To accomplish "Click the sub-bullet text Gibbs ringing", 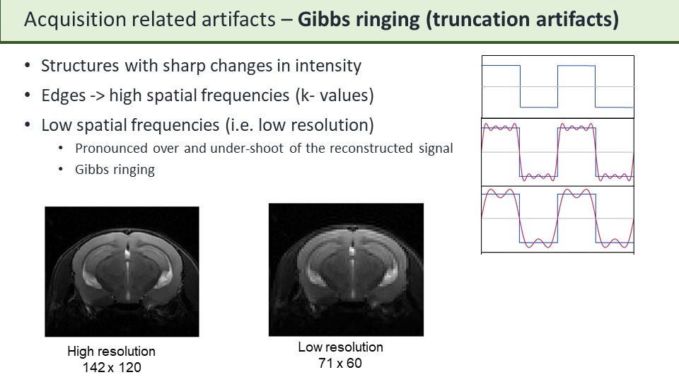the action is tap(115, 170).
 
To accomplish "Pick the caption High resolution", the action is tap(111, 352).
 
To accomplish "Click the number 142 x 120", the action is tap(112, 367).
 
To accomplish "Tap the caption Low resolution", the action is tap(340, 347).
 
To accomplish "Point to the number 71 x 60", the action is tap(340, 363).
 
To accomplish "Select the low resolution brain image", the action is tap(346, 270).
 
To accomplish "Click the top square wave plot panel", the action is tap(557, 86).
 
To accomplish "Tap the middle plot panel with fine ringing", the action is tap(557, 151).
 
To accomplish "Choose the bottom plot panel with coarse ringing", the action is tap(557, 219).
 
